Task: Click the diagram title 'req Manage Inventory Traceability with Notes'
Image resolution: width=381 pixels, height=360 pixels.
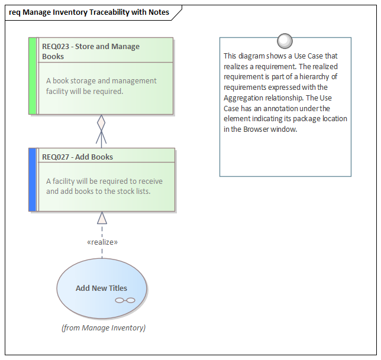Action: click(x=89, y=12)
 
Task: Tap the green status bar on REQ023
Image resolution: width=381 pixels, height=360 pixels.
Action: click(x=33, y=76)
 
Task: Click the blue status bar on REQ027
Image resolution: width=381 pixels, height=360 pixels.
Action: click(x=33, y=180)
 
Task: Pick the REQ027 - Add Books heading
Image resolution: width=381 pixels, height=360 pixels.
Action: click(x=78, y=157)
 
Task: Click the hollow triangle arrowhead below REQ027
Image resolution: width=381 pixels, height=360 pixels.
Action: click(x=102, y=218)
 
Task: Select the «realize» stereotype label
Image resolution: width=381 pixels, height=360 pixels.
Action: click(x=102, y=242)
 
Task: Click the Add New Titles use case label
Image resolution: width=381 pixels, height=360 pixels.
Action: click(x=101, y=288)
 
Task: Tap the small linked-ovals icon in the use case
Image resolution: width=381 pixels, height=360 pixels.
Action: click(x=125, y=300)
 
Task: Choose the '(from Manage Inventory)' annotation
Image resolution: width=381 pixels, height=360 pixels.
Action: click(x=104, y=327)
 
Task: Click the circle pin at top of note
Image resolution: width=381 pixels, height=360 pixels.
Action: click(x=285, y=40)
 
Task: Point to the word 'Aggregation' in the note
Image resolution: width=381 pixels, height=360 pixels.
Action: click(x=243, y=98)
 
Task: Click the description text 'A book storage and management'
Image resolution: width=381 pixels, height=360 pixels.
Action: click(x=101, y=80)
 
